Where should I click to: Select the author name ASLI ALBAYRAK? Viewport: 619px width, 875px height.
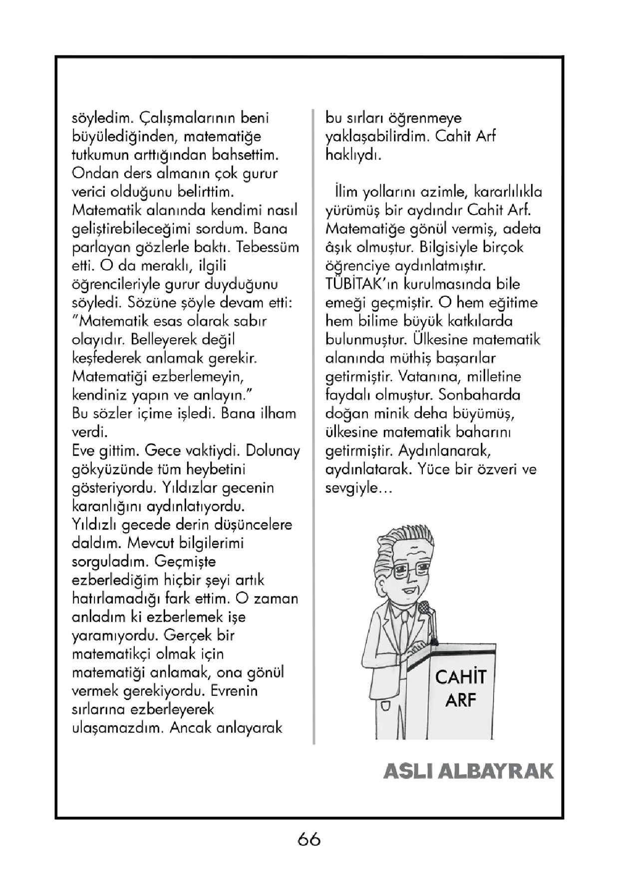coord(468,771)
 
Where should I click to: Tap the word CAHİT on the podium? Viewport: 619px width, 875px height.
coord(460,677)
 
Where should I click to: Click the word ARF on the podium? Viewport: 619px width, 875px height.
coord(460,700)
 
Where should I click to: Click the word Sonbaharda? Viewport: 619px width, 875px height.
coord(479,395)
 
